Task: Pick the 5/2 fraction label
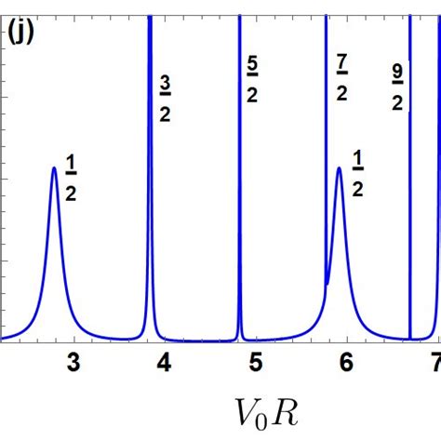click(x=252, y=79)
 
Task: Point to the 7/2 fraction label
click(x=341, y=79)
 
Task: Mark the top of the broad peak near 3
click(x=54, y=168)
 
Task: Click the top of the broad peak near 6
click(x=339, y=168)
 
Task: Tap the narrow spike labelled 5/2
click(x=239, y=186)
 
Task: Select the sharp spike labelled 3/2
click(x=149, y=186)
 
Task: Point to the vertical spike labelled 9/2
click(x=410, y=186)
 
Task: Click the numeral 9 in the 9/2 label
click(x=397, y=73)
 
